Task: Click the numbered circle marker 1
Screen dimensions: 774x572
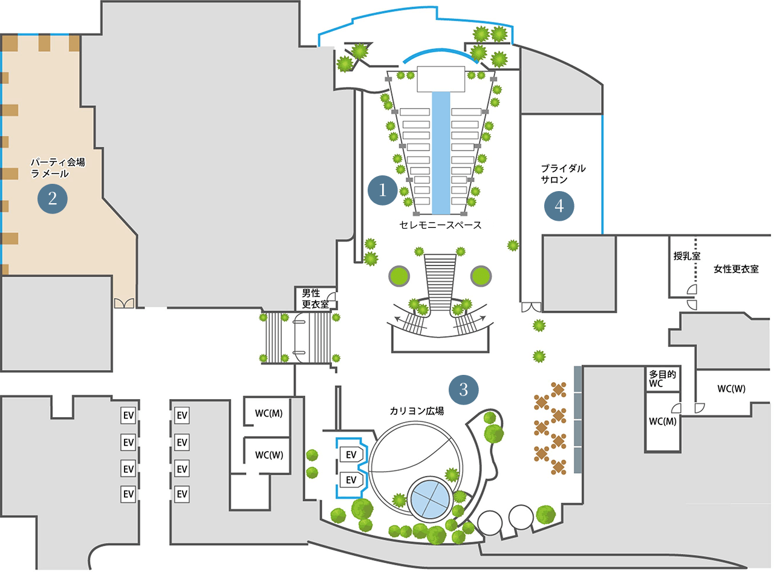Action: pyautogui.click(x=382, y=190)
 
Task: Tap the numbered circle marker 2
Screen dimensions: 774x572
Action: pyautogui.click(x=53, y=198)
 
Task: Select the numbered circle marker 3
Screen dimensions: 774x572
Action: pyautogui.click(x=463, y=389)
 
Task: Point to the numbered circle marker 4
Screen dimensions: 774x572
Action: pyautogui.click(x=559, y=206)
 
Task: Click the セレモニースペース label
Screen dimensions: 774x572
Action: pyautogui.click(x=440, y=225)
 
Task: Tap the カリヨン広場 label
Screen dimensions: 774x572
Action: pyautogui.click(x=417, y=411)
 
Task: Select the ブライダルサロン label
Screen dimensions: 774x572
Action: pyautogui.click(x=563, y=174)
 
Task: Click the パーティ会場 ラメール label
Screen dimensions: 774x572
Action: pyautogui.click(x=57, y=167)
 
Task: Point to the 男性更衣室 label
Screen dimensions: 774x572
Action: pyautogui.click(x=315, y=298)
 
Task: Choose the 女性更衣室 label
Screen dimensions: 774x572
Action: pyautogui.click(x=736, y=268)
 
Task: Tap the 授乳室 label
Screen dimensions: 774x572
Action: pyautogui.click(x=687, y=256)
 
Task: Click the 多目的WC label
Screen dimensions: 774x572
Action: pyautogui.click(x=662, y=379)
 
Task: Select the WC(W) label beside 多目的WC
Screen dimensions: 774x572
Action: pyautogui.click(x=732, y=388)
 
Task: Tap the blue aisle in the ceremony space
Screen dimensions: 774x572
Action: pyautogui.click(x=441, y=153)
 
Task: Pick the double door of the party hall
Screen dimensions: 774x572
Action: pyautogui.click(x=124, y=303)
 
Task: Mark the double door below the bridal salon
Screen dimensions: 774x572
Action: pyautogui.click(x=531, y=307)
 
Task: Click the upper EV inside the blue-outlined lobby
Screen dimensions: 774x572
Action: pyautogui.click(x=351, y=454)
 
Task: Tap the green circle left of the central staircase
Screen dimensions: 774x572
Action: pyautogui.click(x=399, y=276)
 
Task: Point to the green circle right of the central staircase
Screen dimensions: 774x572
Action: pyautogui.click(x=481, y=276)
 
